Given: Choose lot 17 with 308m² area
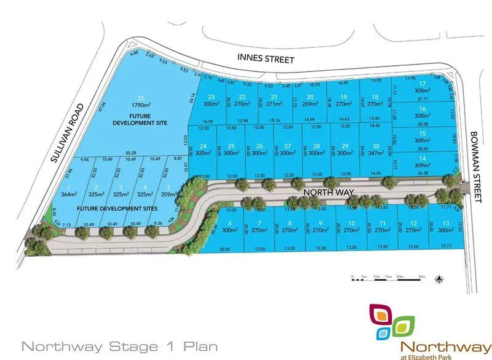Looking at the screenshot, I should click(422, 87).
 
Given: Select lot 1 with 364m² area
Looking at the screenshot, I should click(68, 190).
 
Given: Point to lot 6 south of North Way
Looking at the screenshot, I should click(229, 226).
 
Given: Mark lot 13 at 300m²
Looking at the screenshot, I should click(445, 226).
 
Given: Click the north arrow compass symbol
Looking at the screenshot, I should click(439, 279).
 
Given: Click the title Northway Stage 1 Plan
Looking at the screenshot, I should click(119, 346).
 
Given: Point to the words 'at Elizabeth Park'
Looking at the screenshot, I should click(437, 354).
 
